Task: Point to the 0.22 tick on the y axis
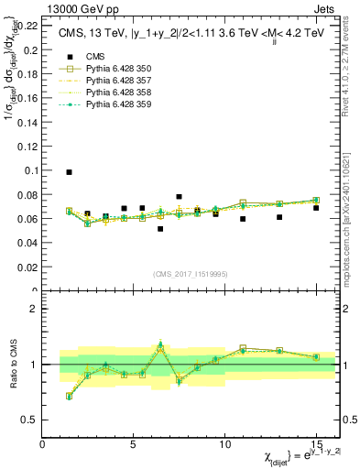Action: click(27, 26)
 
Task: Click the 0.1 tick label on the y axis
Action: click(30, 170)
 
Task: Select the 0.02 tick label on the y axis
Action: click(27, 267)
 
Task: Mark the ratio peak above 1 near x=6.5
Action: click(160, 345)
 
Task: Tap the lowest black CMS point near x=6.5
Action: click(160, 229)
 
